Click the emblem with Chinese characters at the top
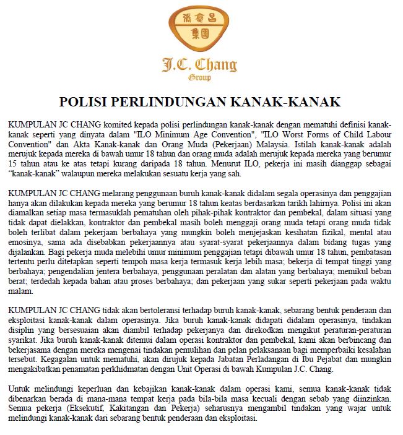(201, 29)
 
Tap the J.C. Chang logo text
(199, 64)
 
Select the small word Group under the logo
(199, 79)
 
